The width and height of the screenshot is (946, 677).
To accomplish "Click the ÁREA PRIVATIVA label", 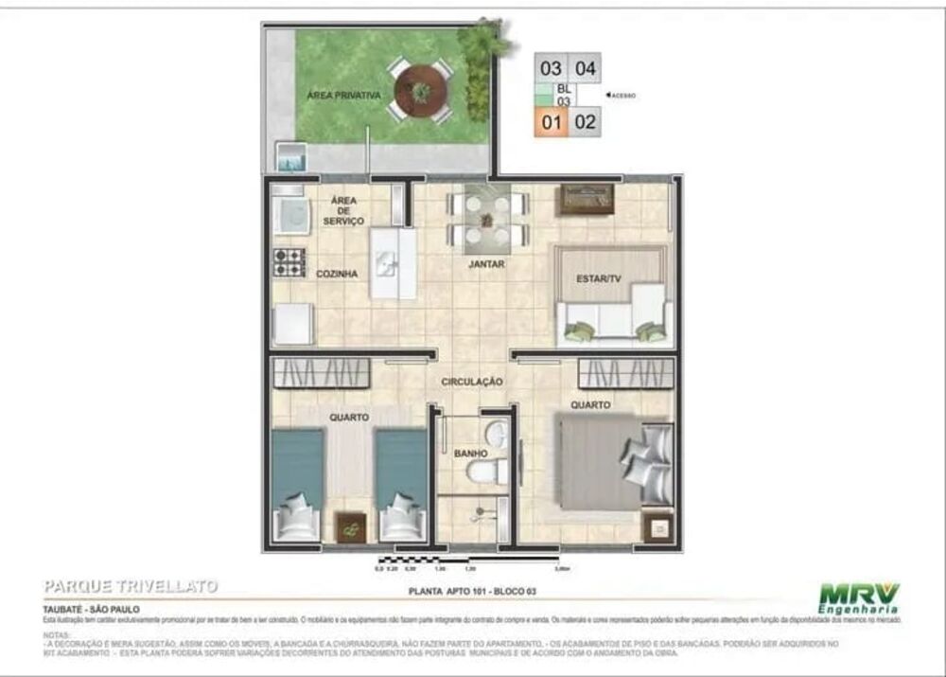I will point(343,96).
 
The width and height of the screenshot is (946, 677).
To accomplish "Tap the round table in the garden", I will point(419,91).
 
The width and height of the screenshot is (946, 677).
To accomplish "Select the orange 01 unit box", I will point(552,121).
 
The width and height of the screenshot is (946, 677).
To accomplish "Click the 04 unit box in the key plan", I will point(586,68).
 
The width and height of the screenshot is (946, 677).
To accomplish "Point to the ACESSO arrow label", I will point(620,96).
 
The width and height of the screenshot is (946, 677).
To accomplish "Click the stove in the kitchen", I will point(289,261).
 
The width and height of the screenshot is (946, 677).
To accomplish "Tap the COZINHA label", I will point(337,274).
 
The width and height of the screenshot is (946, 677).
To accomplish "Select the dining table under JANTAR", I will point(485,219).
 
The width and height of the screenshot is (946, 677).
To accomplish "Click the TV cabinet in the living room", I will point(586,199).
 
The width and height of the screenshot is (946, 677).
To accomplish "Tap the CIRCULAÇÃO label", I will point(471,382).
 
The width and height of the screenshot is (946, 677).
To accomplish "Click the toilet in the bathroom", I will point(489,469).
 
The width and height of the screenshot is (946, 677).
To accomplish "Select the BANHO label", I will point(470,454).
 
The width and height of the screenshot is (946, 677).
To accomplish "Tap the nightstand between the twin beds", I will point(351,526).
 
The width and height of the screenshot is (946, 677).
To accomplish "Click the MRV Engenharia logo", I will point(858,599).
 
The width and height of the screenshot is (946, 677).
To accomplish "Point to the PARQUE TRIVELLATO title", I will point(131,587).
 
